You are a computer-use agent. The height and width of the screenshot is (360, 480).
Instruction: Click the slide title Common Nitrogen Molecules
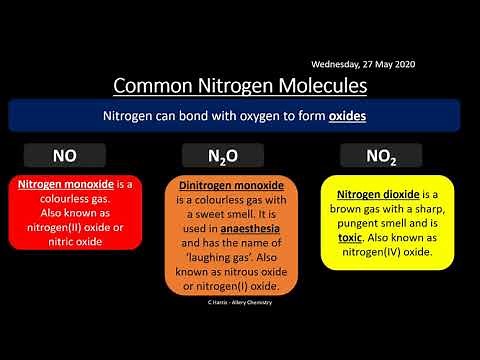[239, 84]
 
